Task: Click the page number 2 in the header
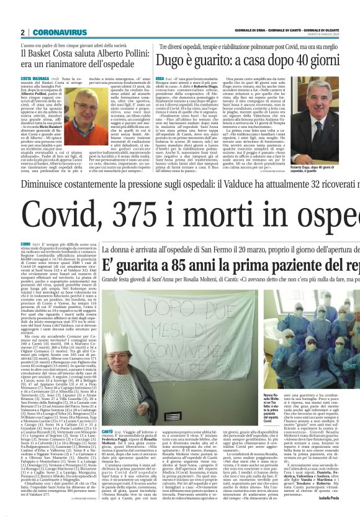pyautogui.click(x=22, y=32)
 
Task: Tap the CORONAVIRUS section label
pyautogui.click(x=60, y=32)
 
